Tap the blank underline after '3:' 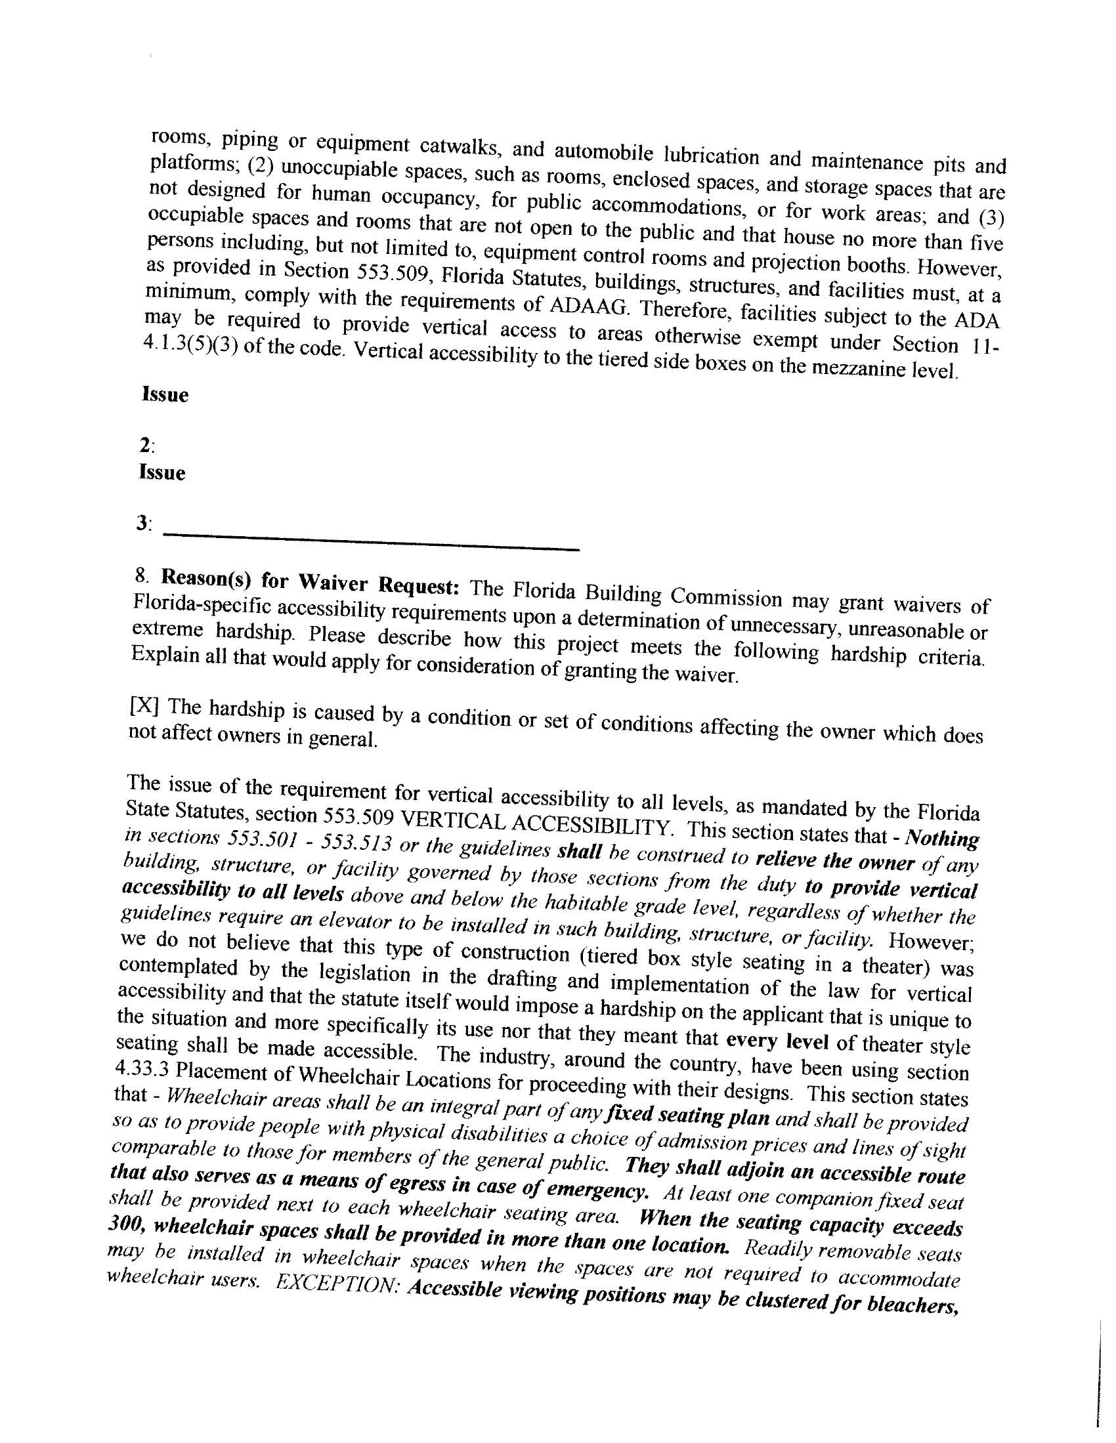click(370, 542)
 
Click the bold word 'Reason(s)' click(207, 578)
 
